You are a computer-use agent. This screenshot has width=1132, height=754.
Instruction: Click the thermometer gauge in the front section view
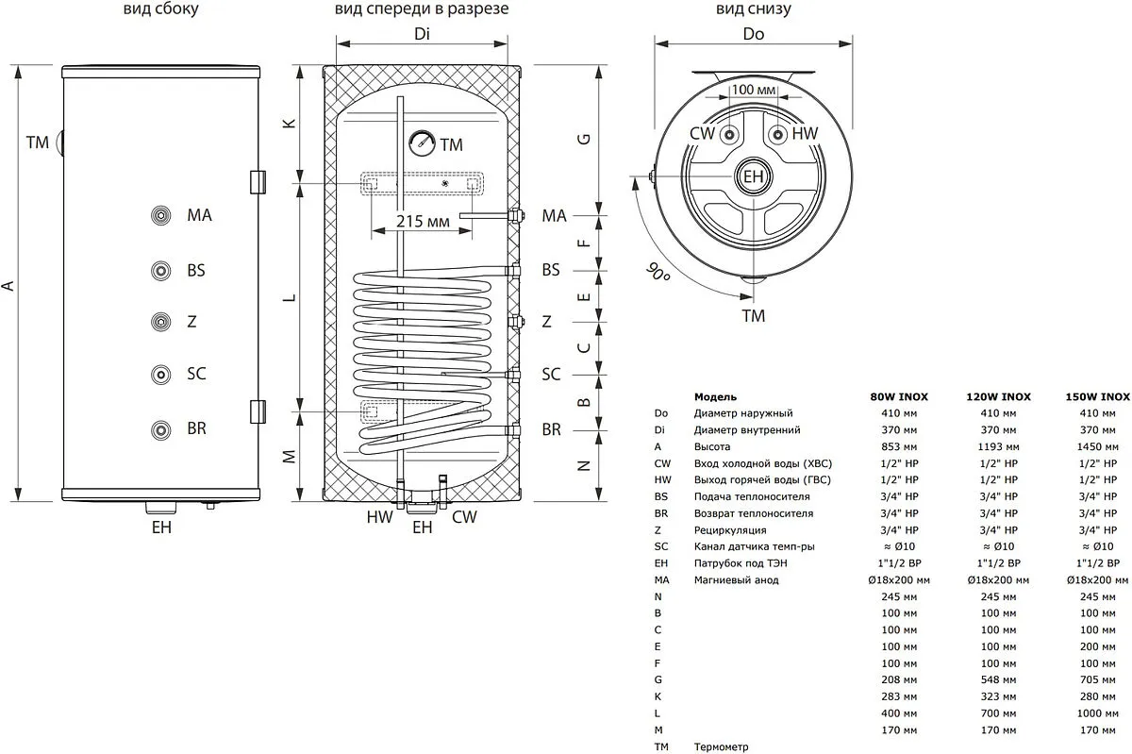(x=421, y=143)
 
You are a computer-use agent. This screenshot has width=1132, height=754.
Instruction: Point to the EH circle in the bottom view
(x=753, y=176)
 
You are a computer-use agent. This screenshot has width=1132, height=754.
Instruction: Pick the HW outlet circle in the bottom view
(x=775, y=134)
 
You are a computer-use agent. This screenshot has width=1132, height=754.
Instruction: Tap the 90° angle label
(x=658, y=275)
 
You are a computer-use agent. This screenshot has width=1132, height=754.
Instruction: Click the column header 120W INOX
(x=999, y=397)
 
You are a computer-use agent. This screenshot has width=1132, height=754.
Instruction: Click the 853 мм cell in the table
(x=891, y=446)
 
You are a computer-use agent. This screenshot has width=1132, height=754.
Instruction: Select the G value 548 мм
(x=999, y=680)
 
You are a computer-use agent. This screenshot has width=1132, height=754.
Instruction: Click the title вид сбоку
(x=161, y=10)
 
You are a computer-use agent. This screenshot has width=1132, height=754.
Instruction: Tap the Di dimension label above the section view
(x=422, y=35)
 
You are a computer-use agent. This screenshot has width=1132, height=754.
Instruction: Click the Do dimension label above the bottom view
(x=753, y=35)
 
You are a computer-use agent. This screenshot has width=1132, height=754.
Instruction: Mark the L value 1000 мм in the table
(x=1098, y=713)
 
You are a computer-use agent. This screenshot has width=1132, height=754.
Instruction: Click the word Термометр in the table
(x=721, y=747)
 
